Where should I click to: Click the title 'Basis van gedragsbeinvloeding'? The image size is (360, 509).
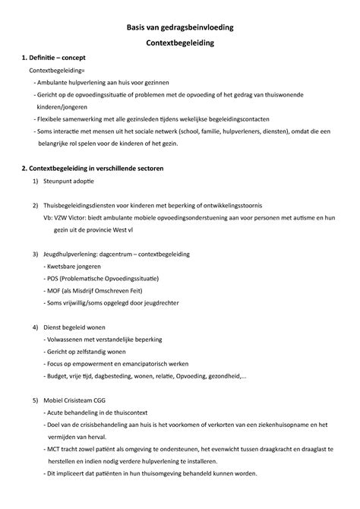[x=180, y=27]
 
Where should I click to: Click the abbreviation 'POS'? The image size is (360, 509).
[x=55, y=280]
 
